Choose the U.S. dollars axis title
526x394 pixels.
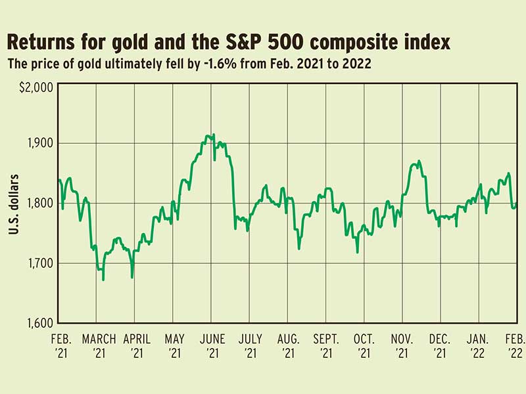point(14,204)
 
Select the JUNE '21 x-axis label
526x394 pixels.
point(212,345)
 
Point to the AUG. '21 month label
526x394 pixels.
point(288,345)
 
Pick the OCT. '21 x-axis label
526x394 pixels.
point(364,345)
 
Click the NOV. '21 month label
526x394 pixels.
point(402,345)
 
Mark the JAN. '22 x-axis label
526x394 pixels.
point(478,345)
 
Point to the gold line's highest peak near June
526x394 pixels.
point(208,135)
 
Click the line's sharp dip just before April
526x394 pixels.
point(132,277)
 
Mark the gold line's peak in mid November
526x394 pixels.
point(419,161)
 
